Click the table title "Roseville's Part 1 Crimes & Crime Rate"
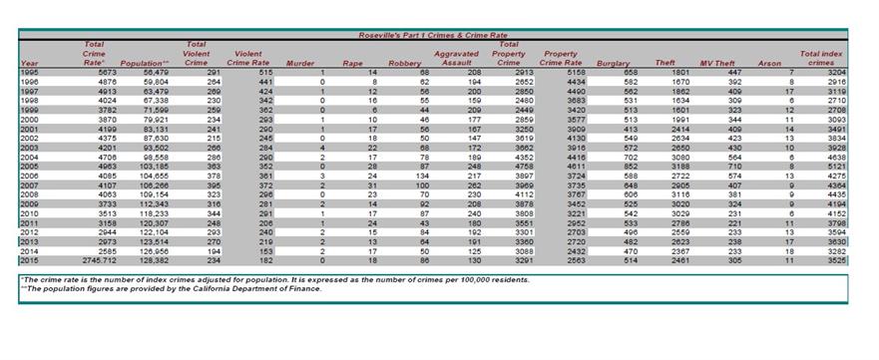click(433, 35)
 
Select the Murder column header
click(300, 63)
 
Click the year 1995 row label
click(29, 72)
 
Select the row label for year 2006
click(29, 176)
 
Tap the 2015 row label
click(29, 259)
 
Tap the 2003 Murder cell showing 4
click(322, 147)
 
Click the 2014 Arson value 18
click(788, 250)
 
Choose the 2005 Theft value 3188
click(678, 166)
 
